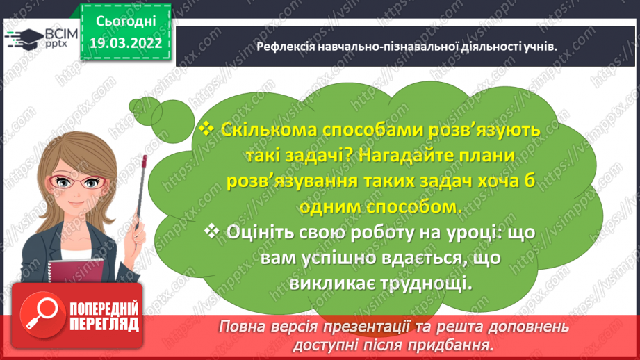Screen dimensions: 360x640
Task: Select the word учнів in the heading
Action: (541, 47)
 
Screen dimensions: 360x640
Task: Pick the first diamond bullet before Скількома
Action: (206, 129)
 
